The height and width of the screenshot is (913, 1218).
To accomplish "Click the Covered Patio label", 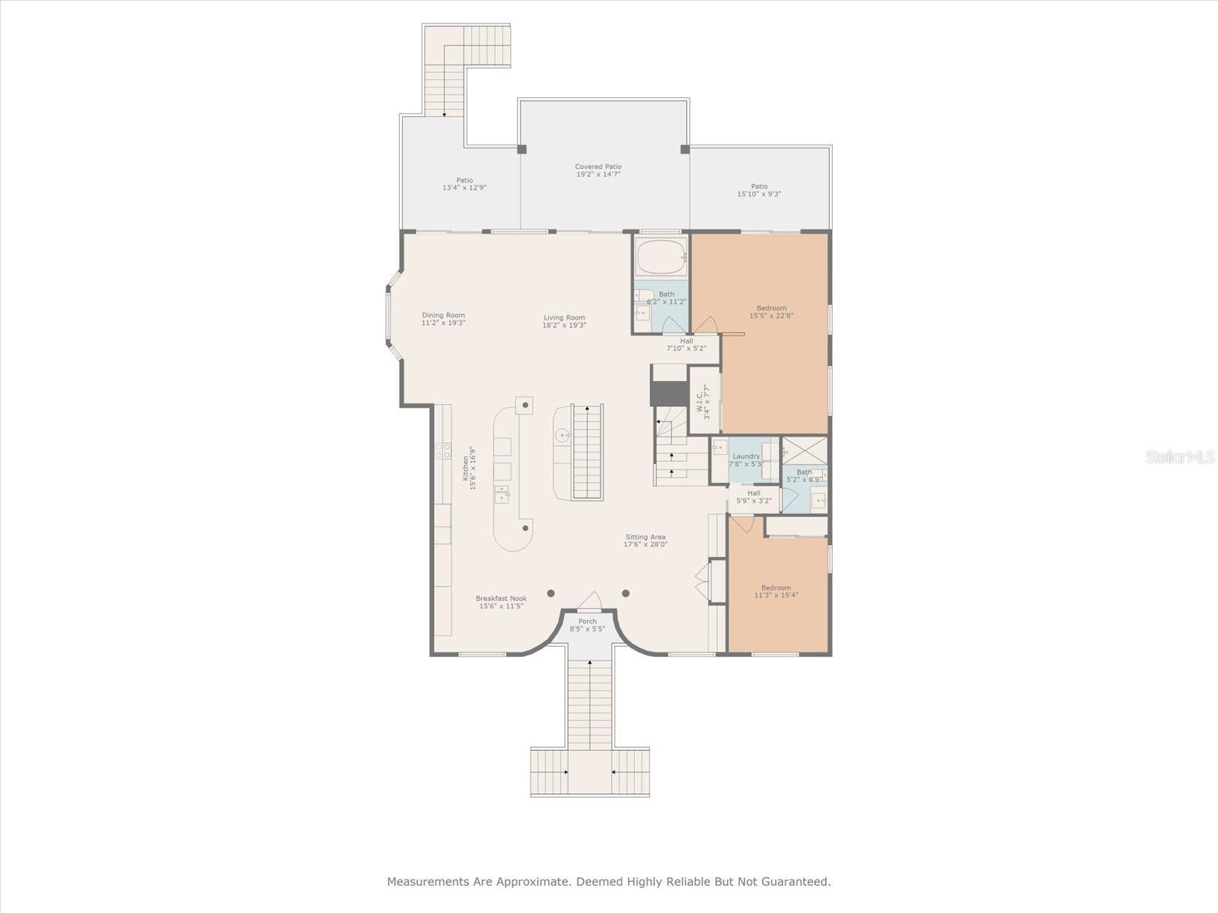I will tap(598, 167).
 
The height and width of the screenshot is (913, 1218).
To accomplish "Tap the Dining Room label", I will tap(443, 315).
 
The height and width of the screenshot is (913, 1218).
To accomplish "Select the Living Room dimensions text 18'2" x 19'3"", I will tap(564, 326).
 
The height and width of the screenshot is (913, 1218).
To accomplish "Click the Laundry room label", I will tap(746, 456).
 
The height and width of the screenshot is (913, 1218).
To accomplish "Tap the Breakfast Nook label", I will tap(501, 598).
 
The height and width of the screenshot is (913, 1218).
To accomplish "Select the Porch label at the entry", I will tap(587, 622).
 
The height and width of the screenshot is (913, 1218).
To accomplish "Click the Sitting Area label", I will tap(646, 537).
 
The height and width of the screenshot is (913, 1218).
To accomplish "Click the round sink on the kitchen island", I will tap(562, 436).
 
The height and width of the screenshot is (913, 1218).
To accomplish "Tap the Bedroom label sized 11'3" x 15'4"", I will tap(776, 587).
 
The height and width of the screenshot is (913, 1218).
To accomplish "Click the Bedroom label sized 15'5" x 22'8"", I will tap(771, 308).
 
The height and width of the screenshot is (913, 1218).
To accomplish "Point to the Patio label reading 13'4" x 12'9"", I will tap(464, 180).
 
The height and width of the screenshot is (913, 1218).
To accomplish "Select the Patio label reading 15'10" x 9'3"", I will tap(759, 186).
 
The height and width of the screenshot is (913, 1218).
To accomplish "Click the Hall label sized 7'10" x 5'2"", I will tap(687, 341).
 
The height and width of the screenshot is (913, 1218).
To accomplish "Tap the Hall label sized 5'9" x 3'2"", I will tap(754, 493).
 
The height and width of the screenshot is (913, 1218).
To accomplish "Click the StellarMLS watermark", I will tap(1180, 456).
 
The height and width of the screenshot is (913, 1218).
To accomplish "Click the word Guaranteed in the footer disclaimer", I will tap(799, 882).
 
